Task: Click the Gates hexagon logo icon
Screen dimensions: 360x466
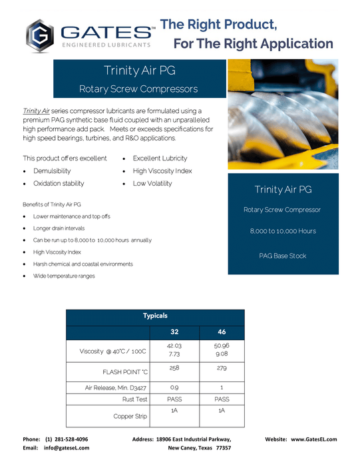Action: (40, 35)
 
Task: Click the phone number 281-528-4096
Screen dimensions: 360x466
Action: (67, 439)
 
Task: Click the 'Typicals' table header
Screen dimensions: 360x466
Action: (156, 316)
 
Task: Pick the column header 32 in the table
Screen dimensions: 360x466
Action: (174, 332)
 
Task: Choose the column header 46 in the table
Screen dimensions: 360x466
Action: (222, 332)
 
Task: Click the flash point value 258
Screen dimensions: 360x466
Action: (174, 368)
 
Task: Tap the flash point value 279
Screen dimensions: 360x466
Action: (222, 368)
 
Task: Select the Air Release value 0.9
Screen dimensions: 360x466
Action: (174, 387)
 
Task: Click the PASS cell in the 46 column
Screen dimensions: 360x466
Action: (222, 399)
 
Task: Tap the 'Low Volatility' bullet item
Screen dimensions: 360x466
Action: (152, 183)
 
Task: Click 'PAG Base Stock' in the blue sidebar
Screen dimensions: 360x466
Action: (283, 256)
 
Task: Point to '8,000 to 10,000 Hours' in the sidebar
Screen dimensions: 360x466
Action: (283, 231)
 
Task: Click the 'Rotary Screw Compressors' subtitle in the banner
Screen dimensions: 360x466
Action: (138, 88)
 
